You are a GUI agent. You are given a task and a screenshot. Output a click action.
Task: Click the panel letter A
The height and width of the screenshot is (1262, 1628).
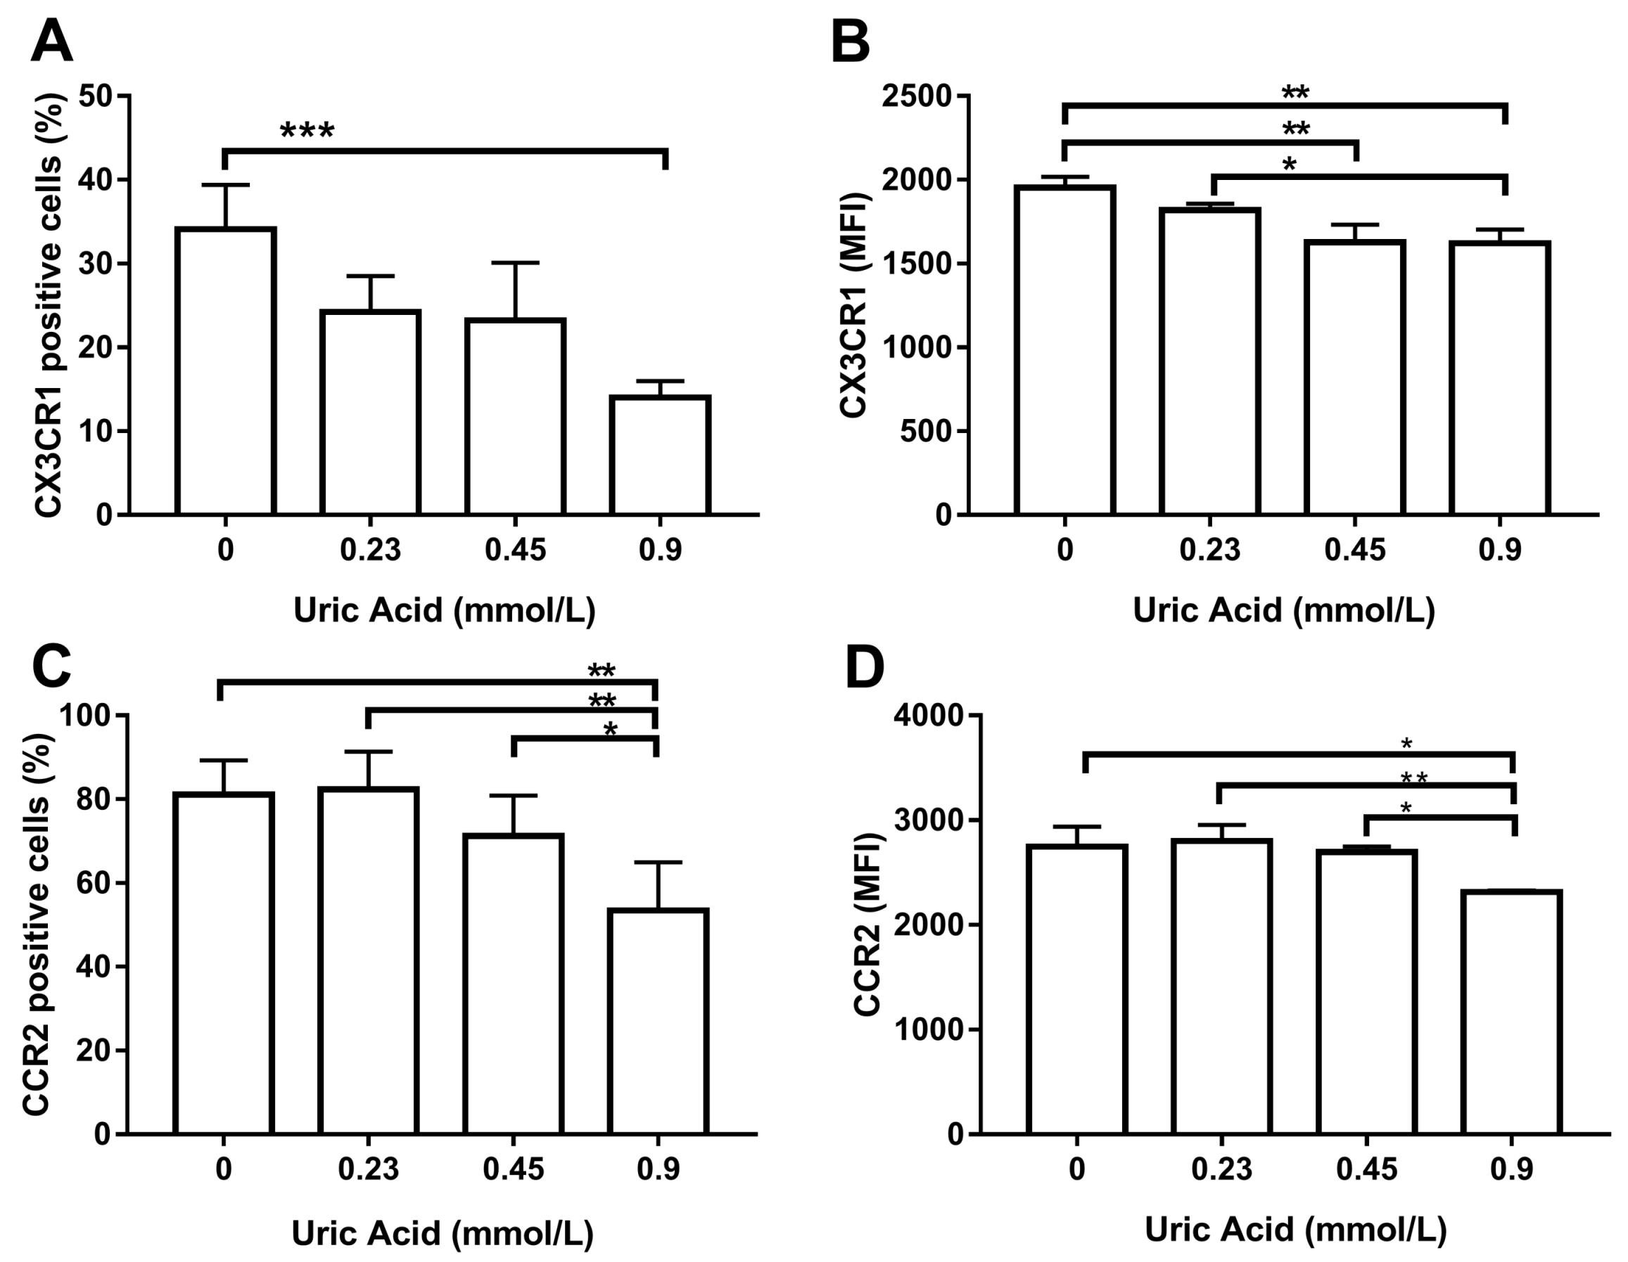(x=51, y=41)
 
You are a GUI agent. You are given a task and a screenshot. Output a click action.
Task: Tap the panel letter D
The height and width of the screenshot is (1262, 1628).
(x=864, y=668)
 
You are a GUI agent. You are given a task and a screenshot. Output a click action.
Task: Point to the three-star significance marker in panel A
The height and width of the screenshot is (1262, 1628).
(x=307, y=133)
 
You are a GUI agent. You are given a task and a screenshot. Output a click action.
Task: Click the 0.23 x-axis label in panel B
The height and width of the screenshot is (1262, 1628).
(x=1209, y=550)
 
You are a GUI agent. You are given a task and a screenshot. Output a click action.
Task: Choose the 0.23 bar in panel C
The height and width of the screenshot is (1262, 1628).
(x=368, y=961)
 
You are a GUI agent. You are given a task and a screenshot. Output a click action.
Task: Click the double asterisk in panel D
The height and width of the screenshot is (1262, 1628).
(x=1414, y=779)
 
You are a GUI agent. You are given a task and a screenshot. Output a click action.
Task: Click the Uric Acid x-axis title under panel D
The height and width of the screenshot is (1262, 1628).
(x=1295, y=1229)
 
